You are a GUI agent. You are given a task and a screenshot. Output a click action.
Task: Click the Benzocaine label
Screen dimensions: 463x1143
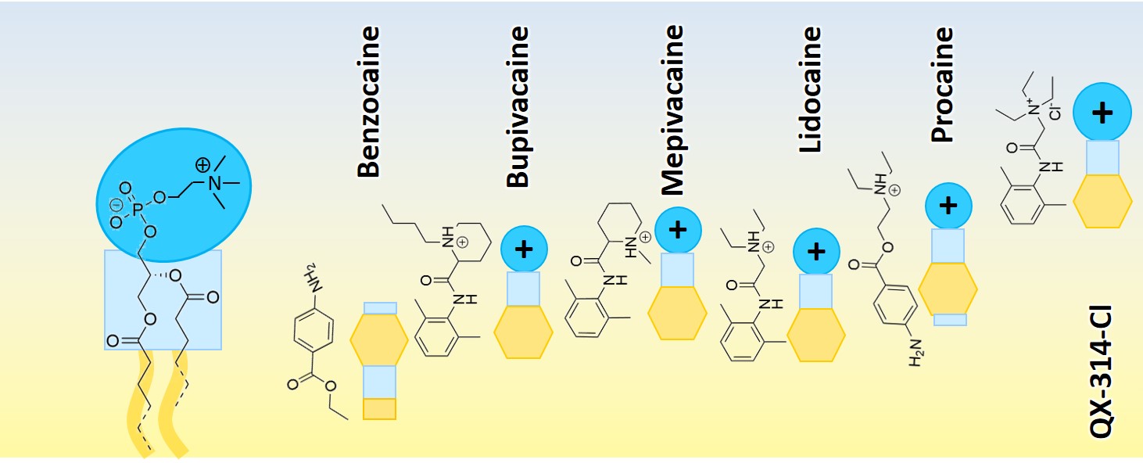pos(368,102)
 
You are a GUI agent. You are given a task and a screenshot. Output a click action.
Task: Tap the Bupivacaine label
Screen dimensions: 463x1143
pos(518,107)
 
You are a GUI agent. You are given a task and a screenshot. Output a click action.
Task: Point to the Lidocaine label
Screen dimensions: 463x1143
pos(810,90)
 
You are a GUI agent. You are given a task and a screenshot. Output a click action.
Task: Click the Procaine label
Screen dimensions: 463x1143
pos(944,85)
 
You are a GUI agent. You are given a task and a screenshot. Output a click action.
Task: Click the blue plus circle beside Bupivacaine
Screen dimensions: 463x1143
pos(524,249)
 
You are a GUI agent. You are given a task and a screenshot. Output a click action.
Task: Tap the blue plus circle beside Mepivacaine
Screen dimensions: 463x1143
pos(678,229)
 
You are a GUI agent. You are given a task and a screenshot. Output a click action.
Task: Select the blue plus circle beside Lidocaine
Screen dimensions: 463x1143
pos(816,251)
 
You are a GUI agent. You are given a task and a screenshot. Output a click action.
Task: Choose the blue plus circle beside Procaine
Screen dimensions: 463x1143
pos(948,206)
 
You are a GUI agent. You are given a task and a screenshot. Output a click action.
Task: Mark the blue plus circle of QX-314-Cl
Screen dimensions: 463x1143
pos(1102,113)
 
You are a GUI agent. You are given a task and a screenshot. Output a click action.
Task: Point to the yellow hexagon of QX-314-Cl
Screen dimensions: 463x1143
pos(1102,201)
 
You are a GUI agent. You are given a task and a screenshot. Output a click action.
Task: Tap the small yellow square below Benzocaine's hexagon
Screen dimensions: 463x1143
pos(379,408)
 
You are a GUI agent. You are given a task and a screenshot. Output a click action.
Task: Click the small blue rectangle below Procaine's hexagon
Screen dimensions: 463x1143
pos(950,320)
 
